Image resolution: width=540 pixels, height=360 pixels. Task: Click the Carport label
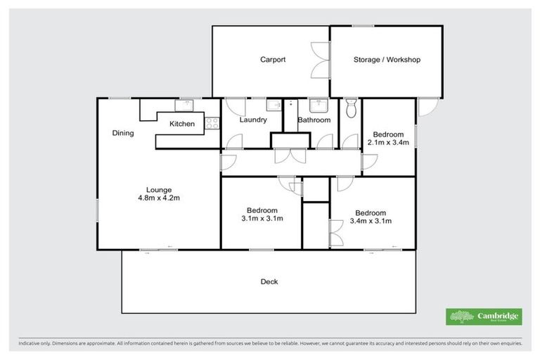pyautogui.click(x=273, y=60)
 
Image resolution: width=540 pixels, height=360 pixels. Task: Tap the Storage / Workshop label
pyautogui.click(x=386, y=60)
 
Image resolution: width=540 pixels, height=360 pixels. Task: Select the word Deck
pyautogui.click(x=269, y=282)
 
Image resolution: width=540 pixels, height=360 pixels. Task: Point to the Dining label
pyautogui.click(x=122, y=133)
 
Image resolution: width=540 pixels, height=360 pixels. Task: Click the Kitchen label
pyautogui.click(x=181, y=124)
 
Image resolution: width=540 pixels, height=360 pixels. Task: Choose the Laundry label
pyautogui.click(x=252, y=120)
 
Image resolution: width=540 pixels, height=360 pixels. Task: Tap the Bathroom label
pyautogui.click(x=314, y=120)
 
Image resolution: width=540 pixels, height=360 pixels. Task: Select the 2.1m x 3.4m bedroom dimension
pyautogui.click(x=388, y=142)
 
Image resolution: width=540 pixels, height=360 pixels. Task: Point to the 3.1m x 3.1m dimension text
pyautogui.click(x=262, y=219)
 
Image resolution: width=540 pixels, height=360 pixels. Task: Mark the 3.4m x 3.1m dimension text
pyautogui.click(x=370, y=221)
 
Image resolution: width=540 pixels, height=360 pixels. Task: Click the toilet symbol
pyautogui.click(x=352, y=108)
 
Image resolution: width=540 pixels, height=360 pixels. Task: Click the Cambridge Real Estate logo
pyautogui.click(x=484, y=316)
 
